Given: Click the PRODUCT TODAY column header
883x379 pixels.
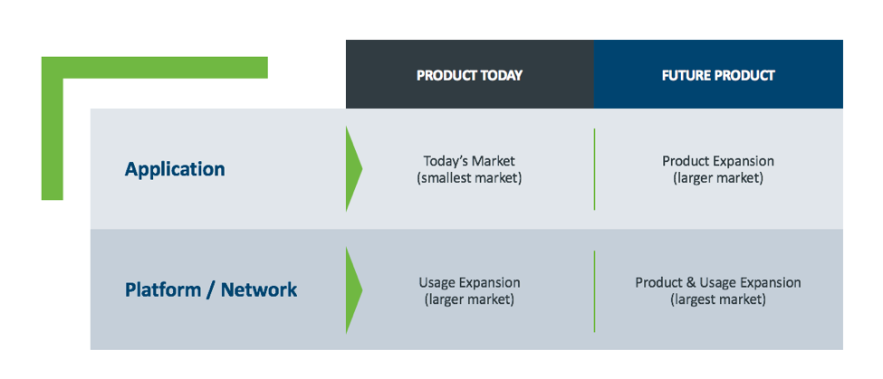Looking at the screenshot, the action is [469, 75].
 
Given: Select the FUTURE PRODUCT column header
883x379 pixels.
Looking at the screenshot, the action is [718, 75].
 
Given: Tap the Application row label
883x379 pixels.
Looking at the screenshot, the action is [175, 169].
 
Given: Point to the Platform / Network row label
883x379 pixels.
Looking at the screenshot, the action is [211, 290].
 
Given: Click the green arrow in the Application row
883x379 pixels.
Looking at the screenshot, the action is [353, 168].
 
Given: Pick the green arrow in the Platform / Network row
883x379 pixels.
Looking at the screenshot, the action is [353, 290].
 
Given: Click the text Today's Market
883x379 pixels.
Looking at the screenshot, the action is [469, 161].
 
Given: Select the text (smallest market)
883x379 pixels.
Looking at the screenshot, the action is [469, 179].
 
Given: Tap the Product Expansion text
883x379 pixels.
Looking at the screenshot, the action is [718, 161].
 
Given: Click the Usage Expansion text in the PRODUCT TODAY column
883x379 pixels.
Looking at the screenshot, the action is [469, 282].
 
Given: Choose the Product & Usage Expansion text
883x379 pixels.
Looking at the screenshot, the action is [718, 282].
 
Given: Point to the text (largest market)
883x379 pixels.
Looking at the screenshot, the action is [718, 299].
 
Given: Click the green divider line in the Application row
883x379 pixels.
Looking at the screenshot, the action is [594, 169].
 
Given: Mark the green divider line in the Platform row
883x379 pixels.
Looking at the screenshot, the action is [594, 291].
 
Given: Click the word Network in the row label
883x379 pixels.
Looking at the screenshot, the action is [259, 290].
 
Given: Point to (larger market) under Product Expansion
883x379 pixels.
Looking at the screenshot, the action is [718, 179].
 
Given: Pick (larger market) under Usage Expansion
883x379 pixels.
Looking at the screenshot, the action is [469, 299].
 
